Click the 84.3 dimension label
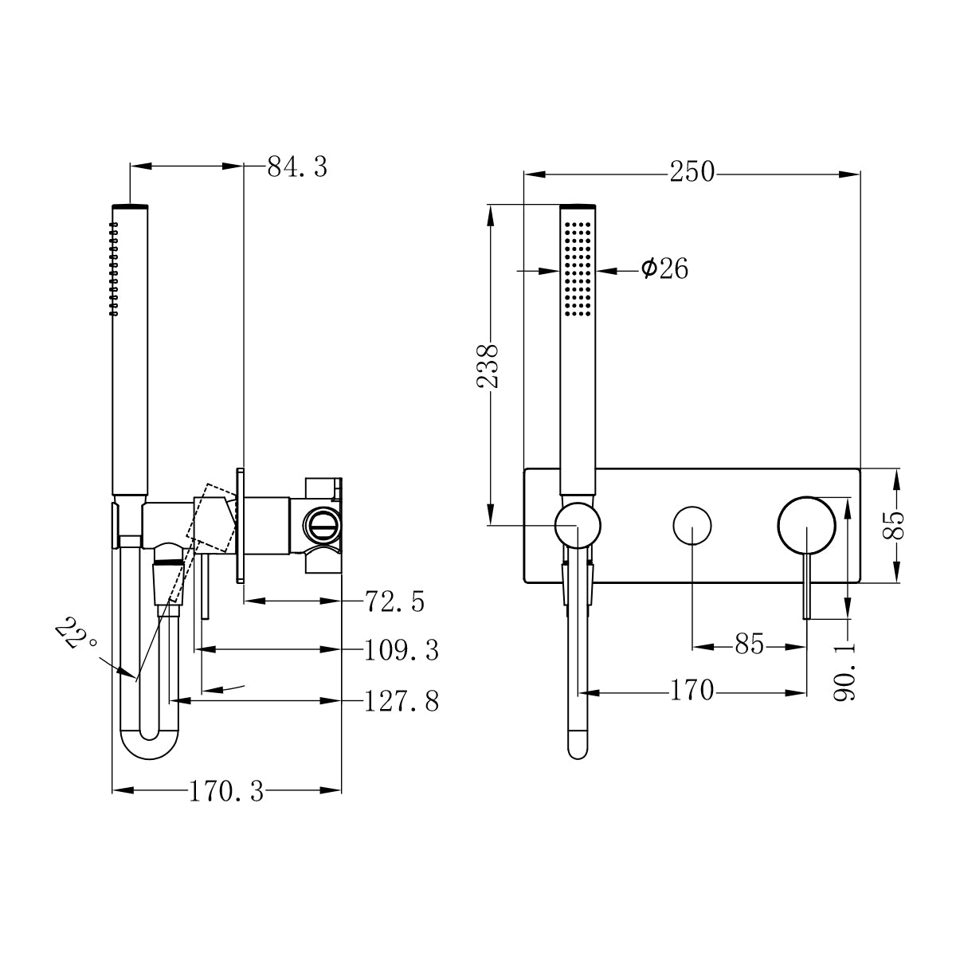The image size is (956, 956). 296,167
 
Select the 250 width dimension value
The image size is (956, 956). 692,172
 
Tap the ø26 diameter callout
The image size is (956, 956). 664,269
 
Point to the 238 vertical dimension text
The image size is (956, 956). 488,366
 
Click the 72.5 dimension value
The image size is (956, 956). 394,601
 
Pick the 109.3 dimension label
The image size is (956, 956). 402,651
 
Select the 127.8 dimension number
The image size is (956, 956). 402,701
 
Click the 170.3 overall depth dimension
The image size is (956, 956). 226,791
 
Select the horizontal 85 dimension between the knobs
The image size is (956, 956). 749,645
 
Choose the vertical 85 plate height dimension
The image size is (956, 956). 895,526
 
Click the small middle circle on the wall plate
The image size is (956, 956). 692,525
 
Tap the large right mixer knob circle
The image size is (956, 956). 806,525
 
